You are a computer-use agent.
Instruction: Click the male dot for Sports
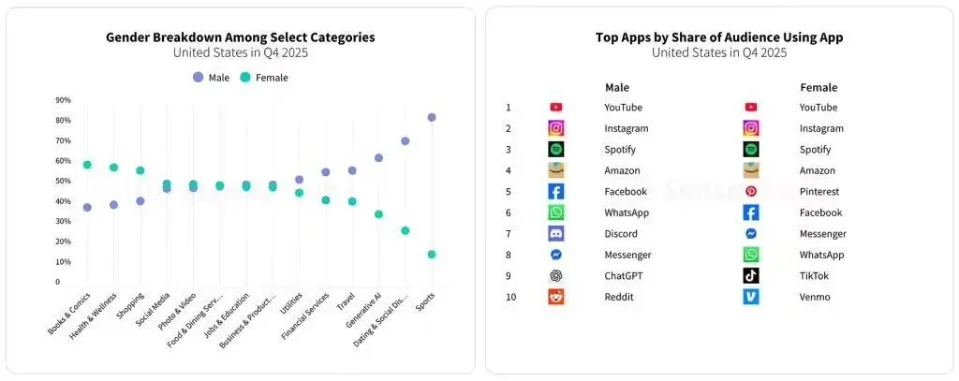432,118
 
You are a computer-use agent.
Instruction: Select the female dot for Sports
432,255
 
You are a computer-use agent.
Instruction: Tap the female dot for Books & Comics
87,165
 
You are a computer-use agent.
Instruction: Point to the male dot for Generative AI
378,158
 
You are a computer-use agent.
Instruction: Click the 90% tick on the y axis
63,100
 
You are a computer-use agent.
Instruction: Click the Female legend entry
264,78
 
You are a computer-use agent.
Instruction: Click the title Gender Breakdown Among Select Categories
240,37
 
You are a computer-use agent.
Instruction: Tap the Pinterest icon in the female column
751,192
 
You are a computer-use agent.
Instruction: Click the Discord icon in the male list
556,234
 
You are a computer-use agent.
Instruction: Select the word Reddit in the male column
620,297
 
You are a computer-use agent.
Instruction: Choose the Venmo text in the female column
815,297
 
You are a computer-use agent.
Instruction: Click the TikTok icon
751,276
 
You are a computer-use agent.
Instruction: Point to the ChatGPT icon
556,276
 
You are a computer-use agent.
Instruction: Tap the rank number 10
509,297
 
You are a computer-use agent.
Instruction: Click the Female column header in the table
819,87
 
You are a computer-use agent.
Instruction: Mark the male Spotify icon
556,150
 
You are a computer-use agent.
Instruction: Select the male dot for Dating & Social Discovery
406,141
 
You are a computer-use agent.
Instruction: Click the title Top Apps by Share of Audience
719,37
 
